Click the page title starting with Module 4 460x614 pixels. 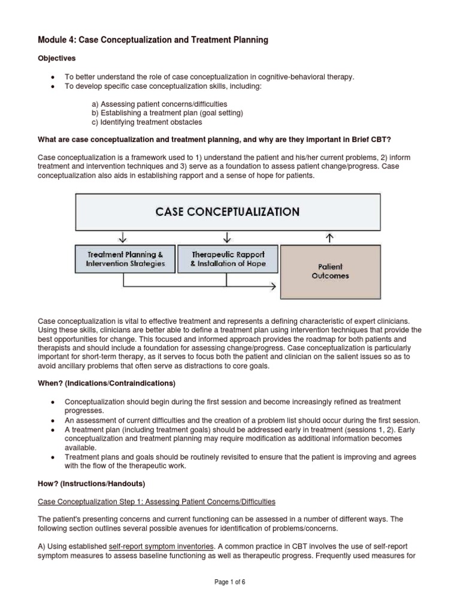(x=153, y=40)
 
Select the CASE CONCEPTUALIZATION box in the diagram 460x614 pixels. (x=228, y=211)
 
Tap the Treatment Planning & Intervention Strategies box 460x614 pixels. (x=125, y=259)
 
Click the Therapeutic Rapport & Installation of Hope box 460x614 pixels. (x=228, y=259)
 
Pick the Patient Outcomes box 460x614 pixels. (x=331, y=271)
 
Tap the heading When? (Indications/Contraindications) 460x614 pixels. (x=107, y=383)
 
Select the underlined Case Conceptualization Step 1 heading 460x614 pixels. (x=156, y=501)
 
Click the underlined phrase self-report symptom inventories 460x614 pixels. (x=161, y=547)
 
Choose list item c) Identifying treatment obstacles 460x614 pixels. (x=147, y=122)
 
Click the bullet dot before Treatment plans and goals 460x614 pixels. (x=54, y=457)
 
